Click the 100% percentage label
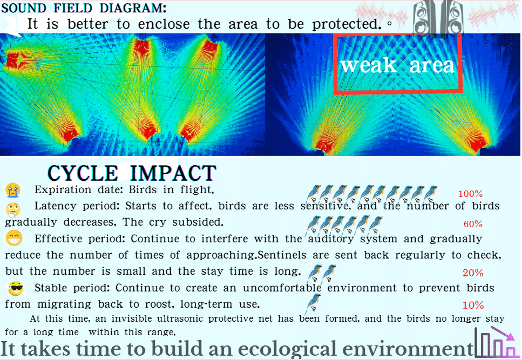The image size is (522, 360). (x=470, y=194)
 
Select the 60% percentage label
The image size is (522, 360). (x=473, y=224)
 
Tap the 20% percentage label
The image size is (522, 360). (x=473, y=273)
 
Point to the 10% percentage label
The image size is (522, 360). (x=473, y=305)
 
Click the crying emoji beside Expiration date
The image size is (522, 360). (x=13, y=191)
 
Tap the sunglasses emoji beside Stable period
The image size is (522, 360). (x=16, y=288)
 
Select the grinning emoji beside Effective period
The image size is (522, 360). (x=14, y=238)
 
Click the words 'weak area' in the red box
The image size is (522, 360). (x=397, y=65)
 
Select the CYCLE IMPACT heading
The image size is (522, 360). (x=132, y=173)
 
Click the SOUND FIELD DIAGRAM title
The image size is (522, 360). (x=84, y=8)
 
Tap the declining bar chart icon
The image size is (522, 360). (x=496, y=342)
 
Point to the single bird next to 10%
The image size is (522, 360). (x=313, y=303)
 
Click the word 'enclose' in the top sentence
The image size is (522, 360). (x=164, y=24)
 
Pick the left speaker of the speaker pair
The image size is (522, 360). (x=424, y=17)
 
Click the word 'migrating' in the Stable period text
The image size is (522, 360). (x=64, y=304)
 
